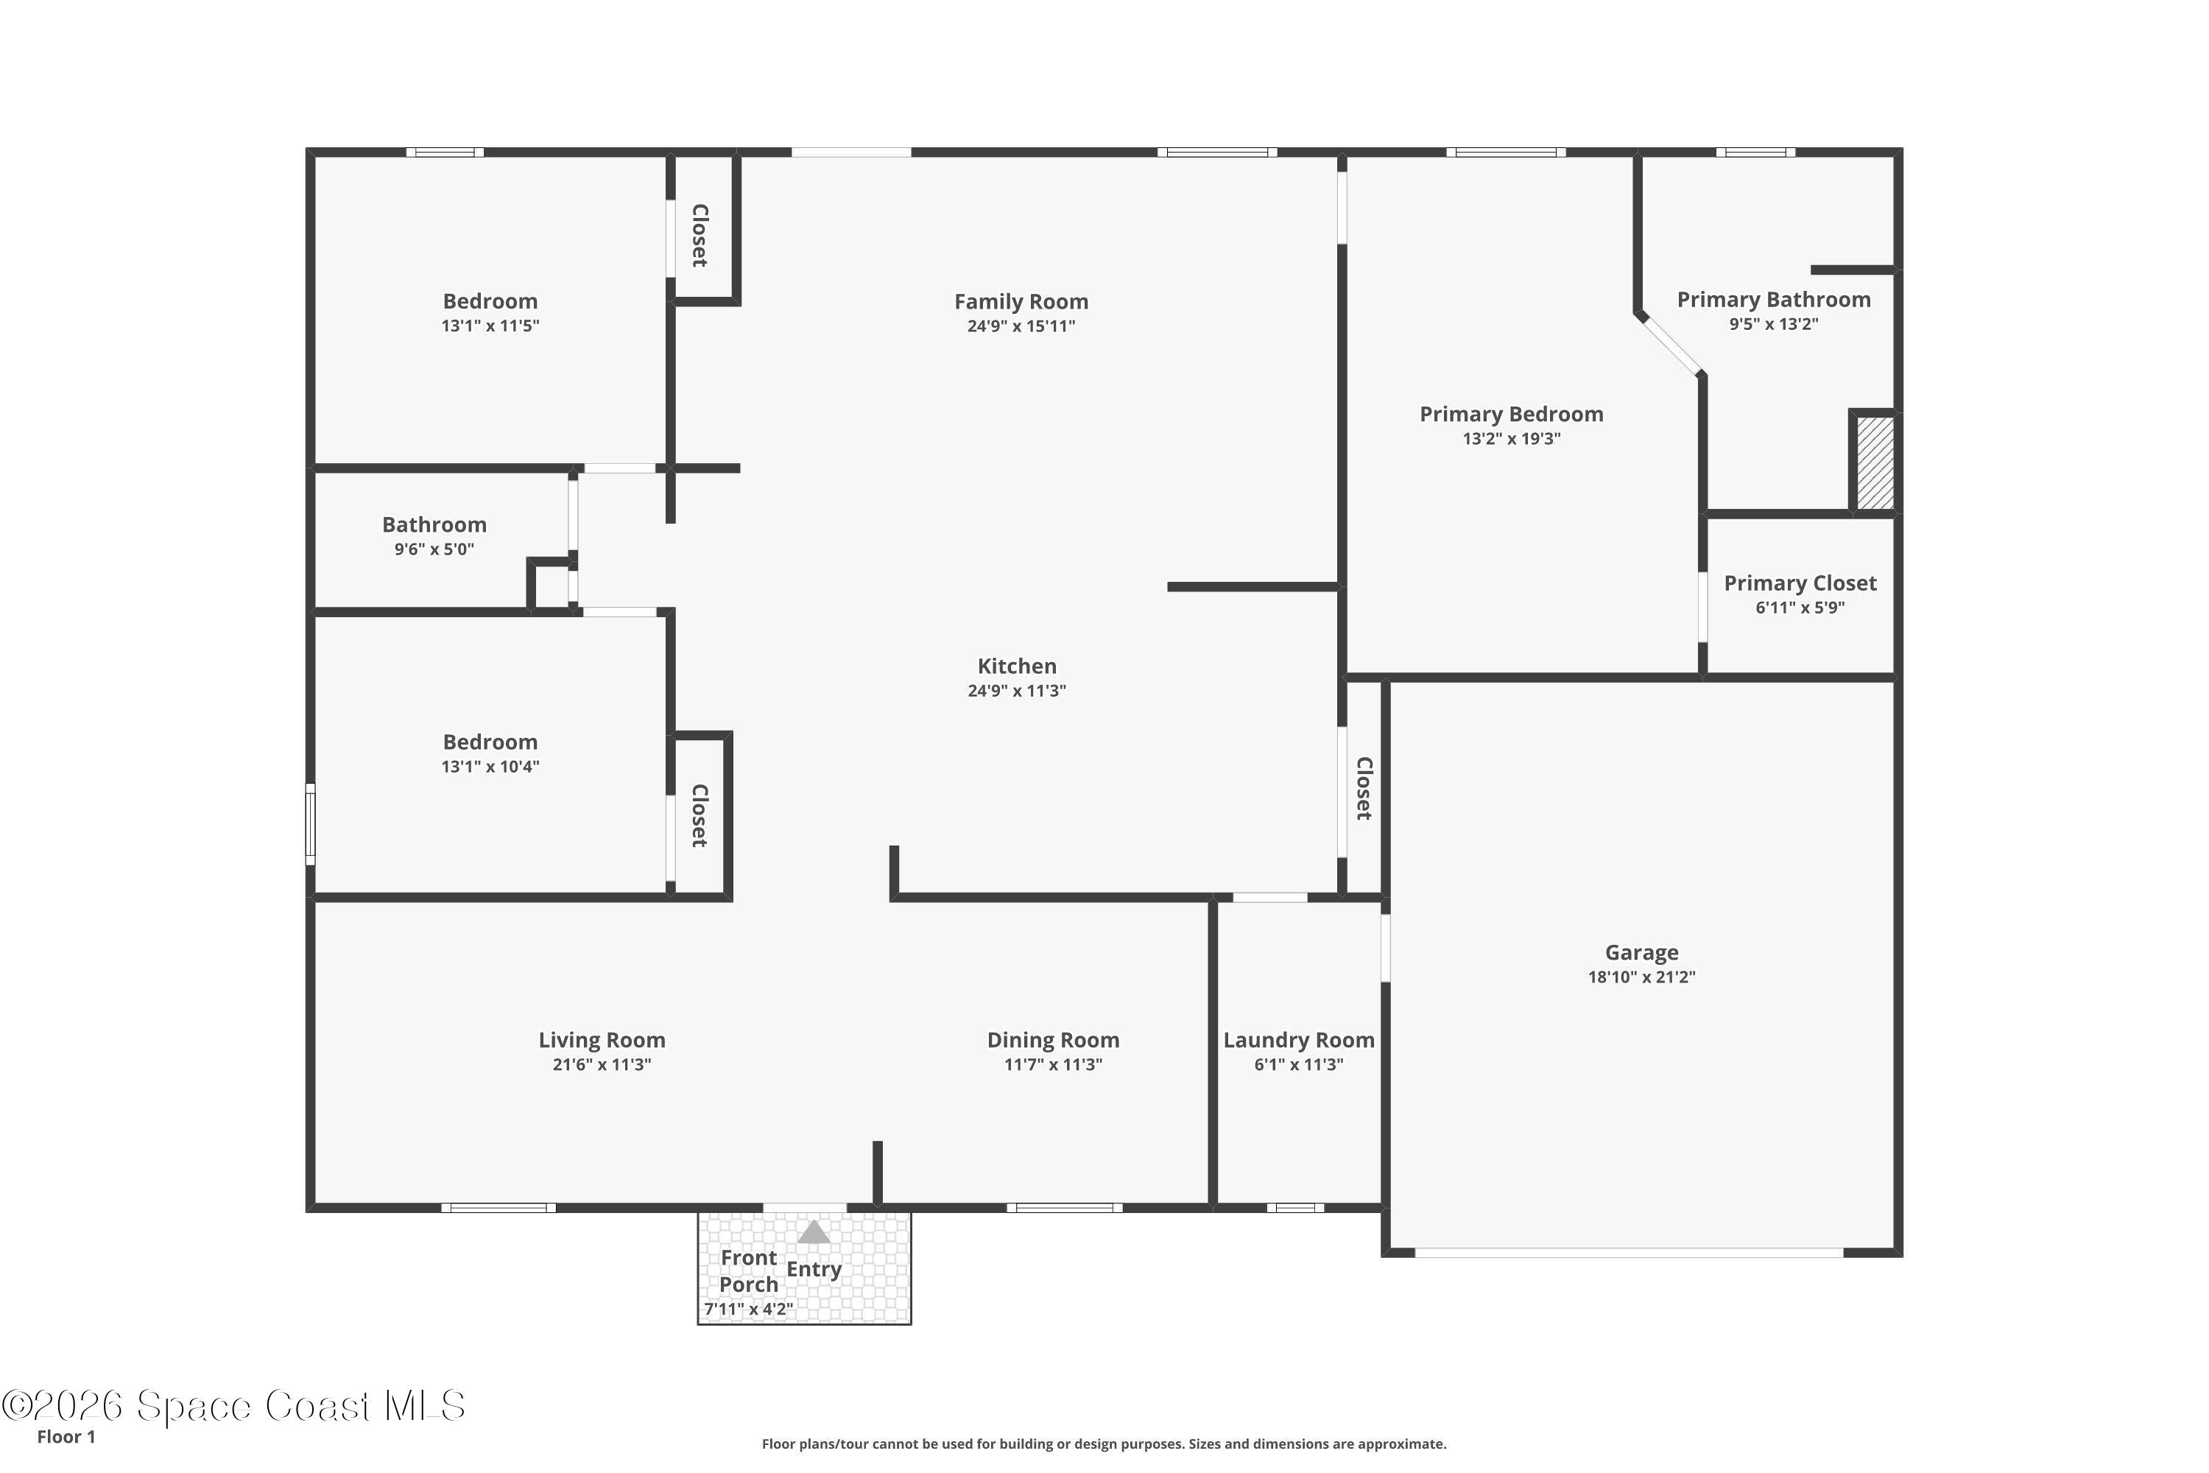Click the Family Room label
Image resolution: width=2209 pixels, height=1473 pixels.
click(x=1021, y=301)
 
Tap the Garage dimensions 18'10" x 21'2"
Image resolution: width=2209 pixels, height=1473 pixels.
click(x=1641, y=977)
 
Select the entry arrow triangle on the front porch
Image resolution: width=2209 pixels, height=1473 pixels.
click(x=814, y=1231)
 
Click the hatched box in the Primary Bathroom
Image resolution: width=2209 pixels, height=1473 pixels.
click(x=1875, y=463)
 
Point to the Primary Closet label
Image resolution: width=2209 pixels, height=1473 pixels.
click(x=1800, y=583)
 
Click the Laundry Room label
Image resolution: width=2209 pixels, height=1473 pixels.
click(x=1298, y=1040)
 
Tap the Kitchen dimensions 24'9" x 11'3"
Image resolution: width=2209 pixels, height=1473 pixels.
click(x=1016, y=691)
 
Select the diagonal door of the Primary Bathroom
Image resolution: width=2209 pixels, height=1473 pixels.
click(x=1670, y=345)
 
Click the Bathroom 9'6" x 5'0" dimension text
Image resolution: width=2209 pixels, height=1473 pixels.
click(x=434, y=549)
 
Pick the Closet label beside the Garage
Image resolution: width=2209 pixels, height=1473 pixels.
click(x=1364, y=788)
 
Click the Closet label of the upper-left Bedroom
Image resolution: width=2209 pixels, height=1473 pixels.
click(x=700, y=235)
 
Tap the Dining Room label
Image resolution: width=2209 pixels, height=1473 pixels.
click(x=1053, y=1040)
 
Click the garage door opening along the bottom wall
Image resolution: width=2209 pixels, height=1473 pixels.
click(x=1629, y=1252)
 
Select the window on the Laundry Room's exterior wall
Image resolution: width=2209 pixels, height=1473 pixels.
click(x=1294, y=1208)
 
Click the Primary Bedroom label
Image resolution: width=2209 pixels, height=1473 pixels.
click(x=1510, y=414)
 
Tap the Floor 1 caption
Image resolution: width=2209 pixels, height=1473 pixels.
click(x=66, y=1436)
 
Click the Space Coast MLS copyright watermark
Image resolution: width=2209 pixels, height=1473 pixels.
click(x=233, y=1406)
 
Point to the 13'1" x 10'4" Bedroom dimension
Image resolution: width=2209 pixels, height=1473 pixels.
click(x=490, y=767)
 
